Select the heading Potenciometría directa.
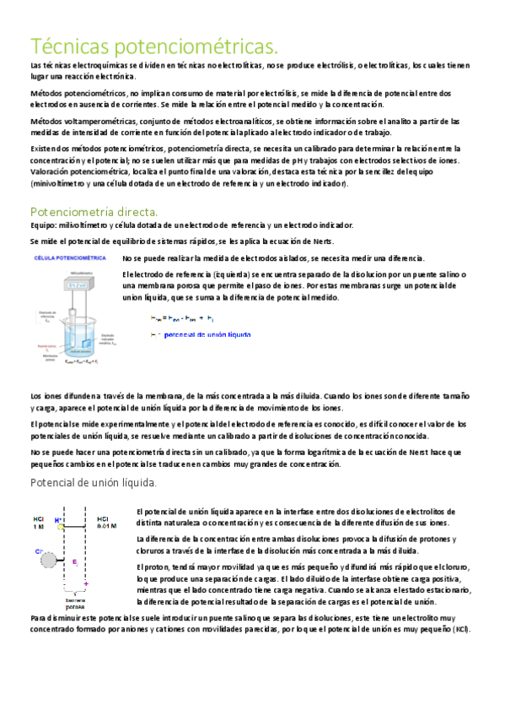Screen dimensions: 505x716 point(94,210)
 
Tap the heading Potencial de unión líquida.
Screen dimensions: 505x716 point(93,483)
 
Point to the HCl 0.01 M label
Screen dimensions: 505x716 point(107,523)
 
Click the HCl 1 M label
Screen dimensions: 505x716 point(39,523)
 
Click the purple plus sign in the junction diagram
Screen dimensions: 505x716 point(86,583)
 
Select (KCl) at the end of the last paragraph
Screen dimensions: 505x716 point(460,630)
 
